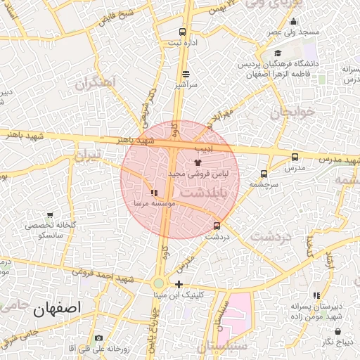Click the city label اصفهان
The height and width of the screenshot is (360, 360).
pos(57,307)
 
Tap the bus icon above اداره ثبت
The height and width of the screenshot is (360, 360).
pos(183,32)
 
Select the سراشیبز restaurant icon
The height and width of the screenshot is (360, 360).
pos(186,73)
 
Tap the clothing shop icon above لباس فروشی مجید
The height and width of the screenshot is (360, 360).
pos(197,162)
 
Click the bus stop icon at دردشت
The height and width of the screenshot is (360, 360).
pos(217,226)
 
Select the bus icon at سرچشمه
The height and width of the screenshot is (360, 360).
pos(264,174)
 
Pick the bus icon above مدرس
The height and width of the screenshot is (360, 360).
pos(295,157)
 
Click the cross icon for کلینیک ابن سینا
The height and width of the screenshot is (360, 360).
pos(180,285)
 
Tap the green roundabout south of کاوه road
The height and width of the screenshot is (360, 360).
pos(160,284)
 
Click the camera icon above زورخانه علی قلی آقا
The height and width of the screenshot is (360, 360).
pos(98,338)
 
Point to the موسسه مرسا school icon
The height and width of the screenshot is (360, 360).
pos(154,193)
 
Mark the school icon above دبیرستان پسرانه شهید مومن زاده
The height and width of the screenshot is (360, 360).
pos(317,295)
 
